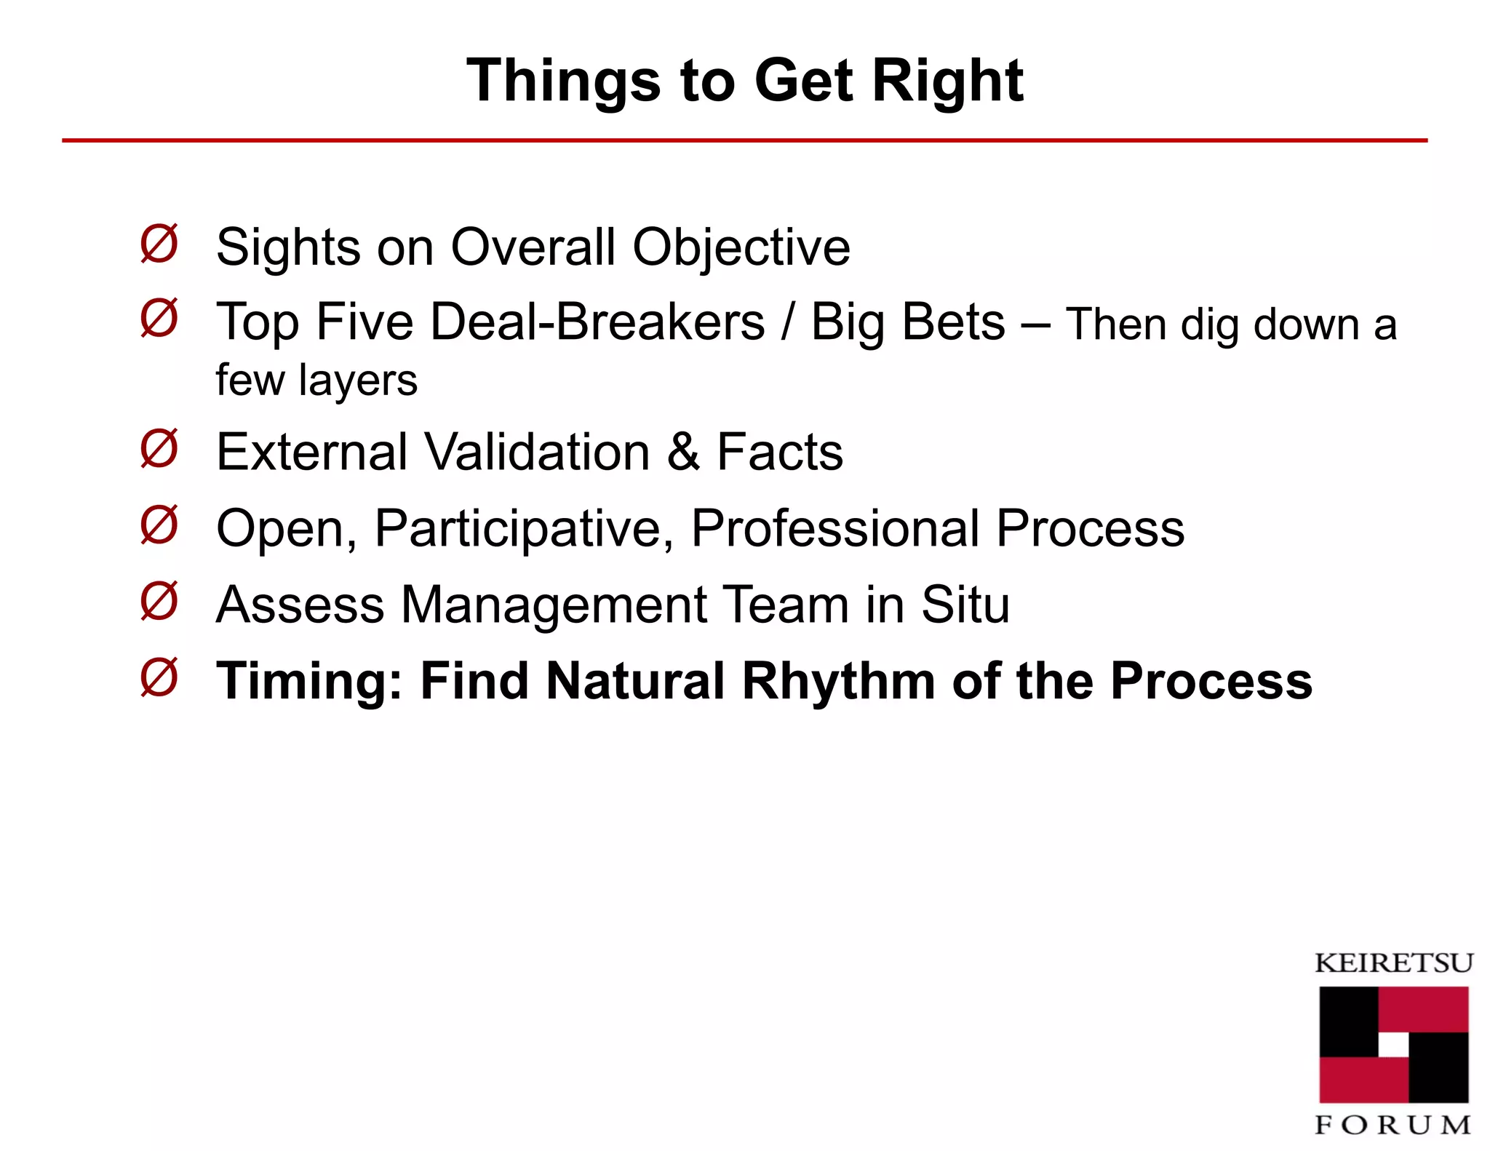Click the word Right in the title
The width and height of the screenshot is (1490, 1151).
coord(947,81)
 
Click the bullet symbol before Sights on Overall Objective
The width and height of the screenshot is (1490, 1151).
coord(159,244)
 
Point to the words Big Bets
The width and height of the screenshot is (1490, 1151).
coord(907,322)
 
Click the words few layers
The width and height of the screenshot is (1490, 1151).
coord(316,380)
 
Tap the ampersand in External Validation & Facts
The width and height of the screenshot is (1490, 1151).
coord(683,452)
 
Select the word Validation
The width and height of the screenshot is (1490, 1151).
coord(537,452)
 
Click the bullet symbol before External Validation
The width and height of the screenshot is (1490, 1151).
coord(159,448)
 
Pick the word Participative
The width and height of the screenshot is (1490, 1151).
coord(524,529)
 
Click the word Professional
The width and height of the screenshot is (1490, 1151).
coord(835,528)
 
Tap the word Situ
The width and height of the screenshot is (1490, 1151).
coord(965,605)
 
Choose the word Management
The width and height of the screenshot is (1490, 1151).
coord(554,605)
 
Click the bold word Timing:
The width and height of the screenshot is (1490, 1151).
coord(310,682)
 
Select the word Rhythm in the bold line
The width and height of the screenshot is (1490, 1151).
coord(838,682)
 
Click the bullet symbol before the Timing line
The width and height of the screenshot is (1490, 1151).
coord(159,677)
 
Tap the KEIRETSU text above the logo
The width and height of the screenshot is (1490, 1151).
coord(1393,963)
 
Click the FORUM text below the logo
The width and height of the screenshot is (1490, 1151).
coord(1393,1126)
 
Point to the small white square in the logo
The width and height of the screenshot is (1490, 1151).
coord(1393,1045)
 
